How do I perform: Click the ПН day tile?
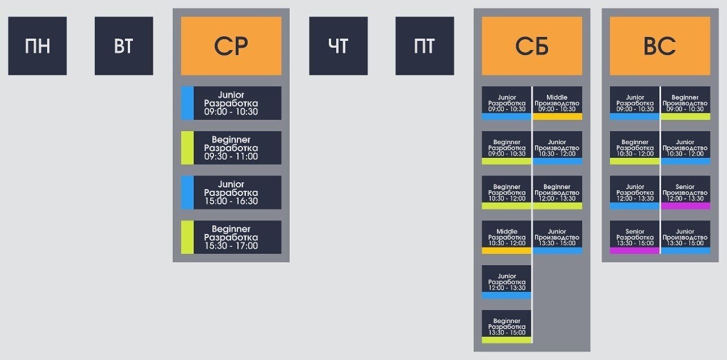[x=37, y=45]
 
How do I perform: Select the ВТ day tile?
[x=124, y=45]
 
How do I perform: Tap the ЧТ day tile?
[x=338, y=45]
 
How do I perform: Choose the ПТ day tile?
[x=424, y=45]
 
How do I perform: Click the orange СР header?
[x=231, y=45]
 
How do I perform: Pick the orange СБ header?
[x=532, y=45]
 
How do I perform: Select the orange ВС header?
[x=659, y=45]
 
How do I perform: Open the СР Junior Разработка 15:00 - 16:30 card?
[x=231, y=192]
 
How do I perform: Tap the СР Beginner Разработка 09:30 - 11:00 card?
[x=231, y=148]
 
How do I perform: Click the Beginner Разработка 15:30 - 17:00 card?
[x=231, y=237]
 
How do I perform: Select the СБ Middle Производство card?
[x=557, y=103]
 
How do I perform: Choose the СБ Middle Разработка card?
[x=507, y=237]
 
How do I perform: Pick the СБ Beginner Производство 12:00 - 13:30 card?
[x=557, y=192]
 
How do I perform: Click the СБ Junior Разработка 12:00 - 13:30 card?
[x=507, y=282]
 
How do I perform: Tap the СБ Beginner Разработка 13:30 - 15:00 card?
[x=507, y=326]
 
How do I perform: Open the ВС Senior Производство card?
[x=685, y=192]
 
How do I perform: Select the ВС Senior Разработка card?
[x=634, y=237]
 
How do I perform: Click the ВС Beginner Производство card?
[x=685, y=103]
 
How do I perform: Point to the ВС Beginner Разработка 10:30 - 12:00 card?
[x=634, y=148]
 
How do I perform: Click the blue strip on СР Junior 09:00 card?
[x=187, y=103]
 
